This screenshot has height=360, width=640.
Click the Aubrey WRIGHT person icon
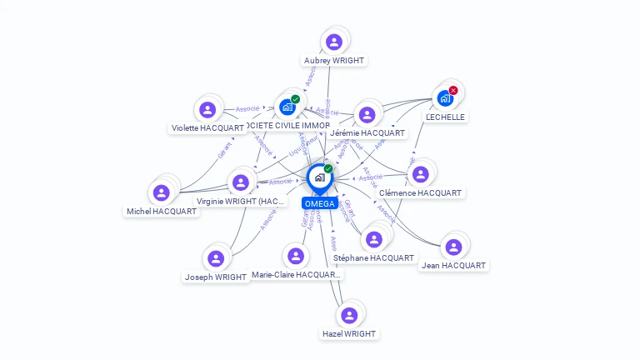point(334,42)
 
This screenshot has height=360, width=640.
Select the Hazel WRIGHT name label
point(349,333)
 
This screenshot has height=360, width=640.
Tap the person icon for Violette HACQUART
point(207,109)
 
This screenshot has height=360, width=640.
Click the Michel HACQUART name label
point(162,212)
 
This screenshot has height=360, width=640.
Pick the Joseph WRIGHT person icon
point(216,258)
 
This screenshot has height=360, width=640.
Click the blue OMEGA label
point(319,203)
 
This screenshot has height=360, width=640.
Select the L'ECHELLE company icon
point(445,98)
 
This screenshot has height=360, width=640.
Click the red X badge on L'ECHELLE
point(453,90)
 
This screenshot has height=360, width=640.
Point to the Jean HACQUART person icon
point(453,247)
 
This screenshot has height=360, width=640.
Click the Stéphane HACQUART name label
point(373,258)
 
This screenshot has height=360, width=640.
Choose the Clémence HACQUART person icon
point(420,174)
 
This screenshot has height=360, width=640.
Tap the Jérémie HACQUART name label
point(367,133)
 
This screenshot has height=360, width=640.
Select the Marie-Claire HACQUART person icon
point(295,255)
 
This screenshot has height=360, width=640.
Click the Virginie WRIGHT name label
point(241,202)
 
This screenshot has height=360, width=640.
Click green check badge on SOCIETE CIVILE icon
point(295,99)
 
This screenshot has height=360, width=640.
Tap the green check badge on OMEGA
point(328,169)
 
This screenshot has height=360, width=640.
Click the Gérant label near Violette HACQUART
point(224,150)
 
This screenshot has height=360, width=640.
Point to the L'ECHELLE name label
point(445,117)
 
